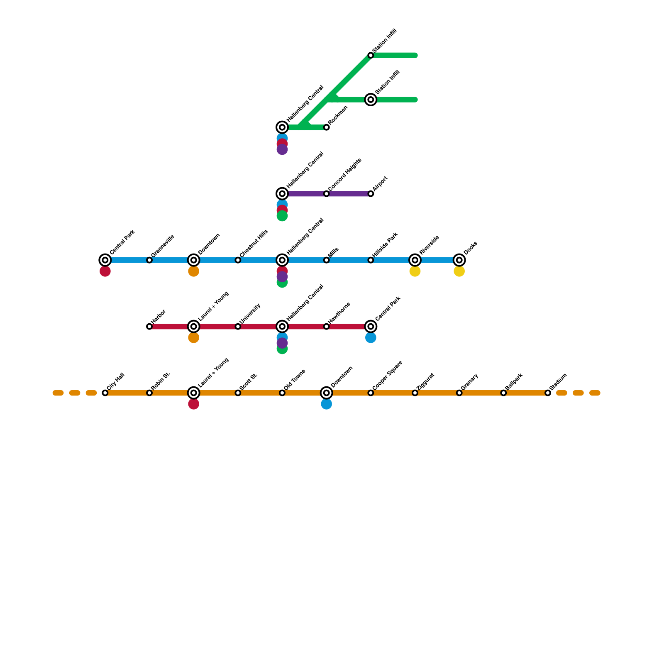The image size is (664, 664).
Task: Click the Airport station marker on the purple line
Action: click(371, 194)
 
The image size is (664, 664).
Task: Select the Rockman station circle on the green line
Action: click(327, 127)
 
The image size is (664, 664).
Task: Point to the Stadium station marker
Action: click(548, 393)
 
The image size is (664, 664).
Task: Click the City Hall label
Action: click(116, 382)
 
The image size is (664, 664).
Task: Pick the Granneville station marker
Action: click(149, 260)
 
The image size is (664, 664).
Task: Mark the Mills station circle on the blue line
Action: click(327, 260)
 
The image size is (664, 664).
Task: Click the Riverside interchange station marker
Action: click(415, 260)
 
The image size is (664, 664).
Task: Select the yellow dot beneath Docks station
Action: click(459, 271)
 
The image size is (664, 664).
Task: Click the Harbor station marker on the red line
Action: click(149, 327)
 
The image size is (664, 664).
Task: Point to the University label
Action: click(250, 313)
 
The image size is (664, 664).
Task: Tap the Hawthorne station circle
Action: click(327, 327)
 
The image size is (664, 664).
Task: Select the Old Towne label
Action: click(295, 380)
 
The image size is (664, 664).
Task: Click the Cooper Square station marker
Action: click(371, 393)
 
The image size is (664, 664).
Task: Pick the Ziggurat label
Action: click(426, 381)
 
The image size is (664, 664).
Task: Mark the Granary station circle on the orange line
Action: click(459, 393)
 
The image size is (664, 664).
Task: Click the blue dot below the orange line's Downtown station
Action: click(327, 404)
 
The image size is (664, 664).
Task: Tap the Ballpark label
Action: click(514, 381)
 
